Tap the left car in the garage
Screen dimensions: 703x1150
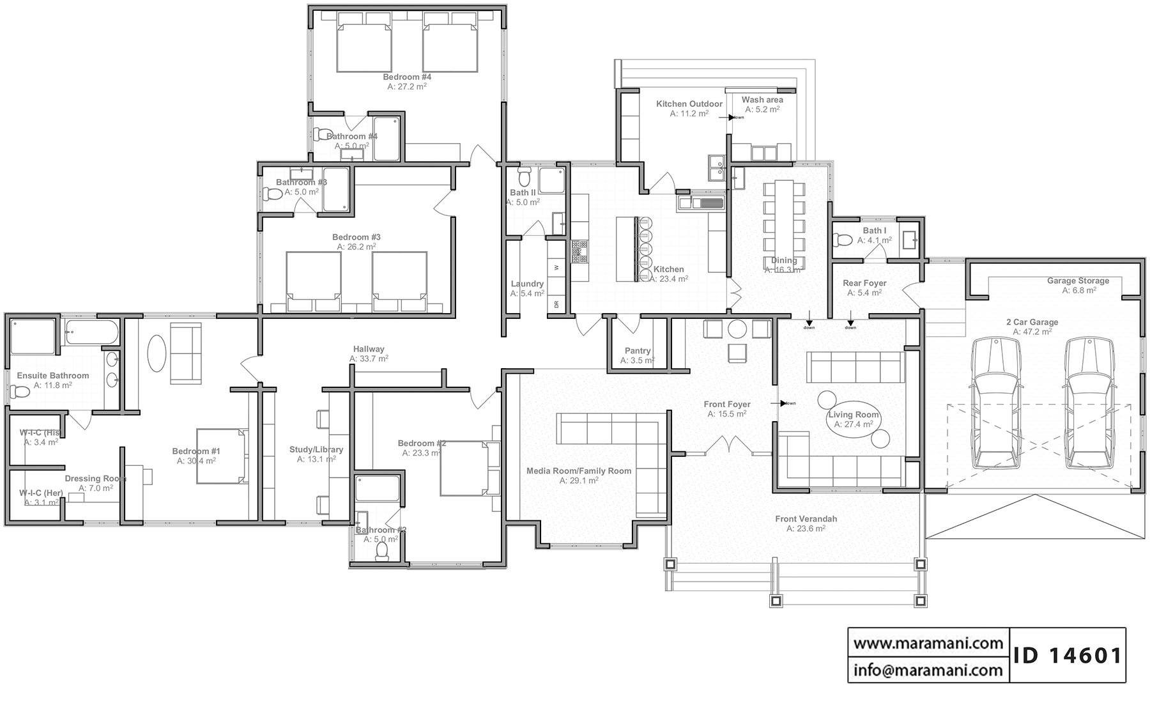(x=993, y=403)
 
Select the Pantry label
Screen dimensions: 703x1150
(x=638, y=351)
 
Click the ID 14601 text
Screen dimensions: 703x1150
(x=1068, y=655)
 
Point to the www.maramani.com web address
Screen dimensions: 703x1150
(x=928, y=643)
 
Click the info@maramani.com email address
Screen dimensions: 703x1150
(x=928, y=670)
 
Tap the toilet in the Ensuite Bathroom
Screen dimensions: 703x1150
(x=19, y=390)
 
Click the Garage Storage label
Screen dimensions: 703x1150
(x=1078, y=281)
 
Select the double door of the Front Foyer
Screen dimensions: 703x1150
(x=728, y=445)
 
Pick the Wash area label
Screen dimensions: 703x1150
(x=762, y=100)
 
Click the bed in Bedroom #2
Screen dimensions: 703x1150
(x=465, y=468)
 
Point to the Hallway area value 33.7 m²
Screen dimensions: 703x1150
(x=369, y=359)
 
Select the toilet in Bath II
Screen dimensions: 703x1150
(x=525, y=176)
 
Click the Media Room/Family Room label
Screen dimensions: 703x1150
(x=578, y=471)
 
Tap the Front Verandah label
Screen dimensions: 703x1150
(x=806, y=519)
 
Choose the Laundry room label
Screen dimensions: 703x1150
(x=527, y=284)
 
